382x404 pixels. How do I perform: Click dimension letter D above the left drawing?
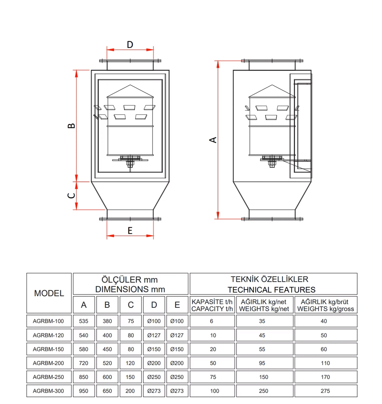130,44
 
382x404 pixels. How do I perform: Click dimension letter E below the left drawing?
130,231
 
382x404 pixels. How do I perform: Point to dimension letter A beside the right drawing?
213,140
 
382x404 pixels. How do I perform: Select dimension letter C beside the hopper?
71,196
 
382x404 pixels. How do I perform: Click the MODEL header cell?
49,293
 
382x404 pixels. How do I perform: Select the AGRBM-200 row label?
48,363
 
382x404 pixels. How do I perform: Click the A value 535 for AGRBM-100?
84,321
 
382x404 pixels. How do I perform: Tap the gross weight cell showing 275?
325,391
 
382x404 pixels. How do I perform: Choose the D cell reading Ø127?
154,335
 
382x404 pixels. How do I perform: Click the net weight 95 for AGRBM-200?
262,363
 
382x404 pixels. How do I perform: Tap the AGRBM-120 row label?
48,335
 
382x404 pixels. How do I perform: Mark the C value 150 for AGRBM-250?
130,377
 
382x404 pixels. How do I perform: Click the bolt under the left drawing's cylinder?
130,163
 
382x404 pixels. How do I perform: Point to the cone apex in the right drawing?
272,86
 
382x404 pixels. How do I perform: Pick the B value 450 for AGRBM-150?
107,349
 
